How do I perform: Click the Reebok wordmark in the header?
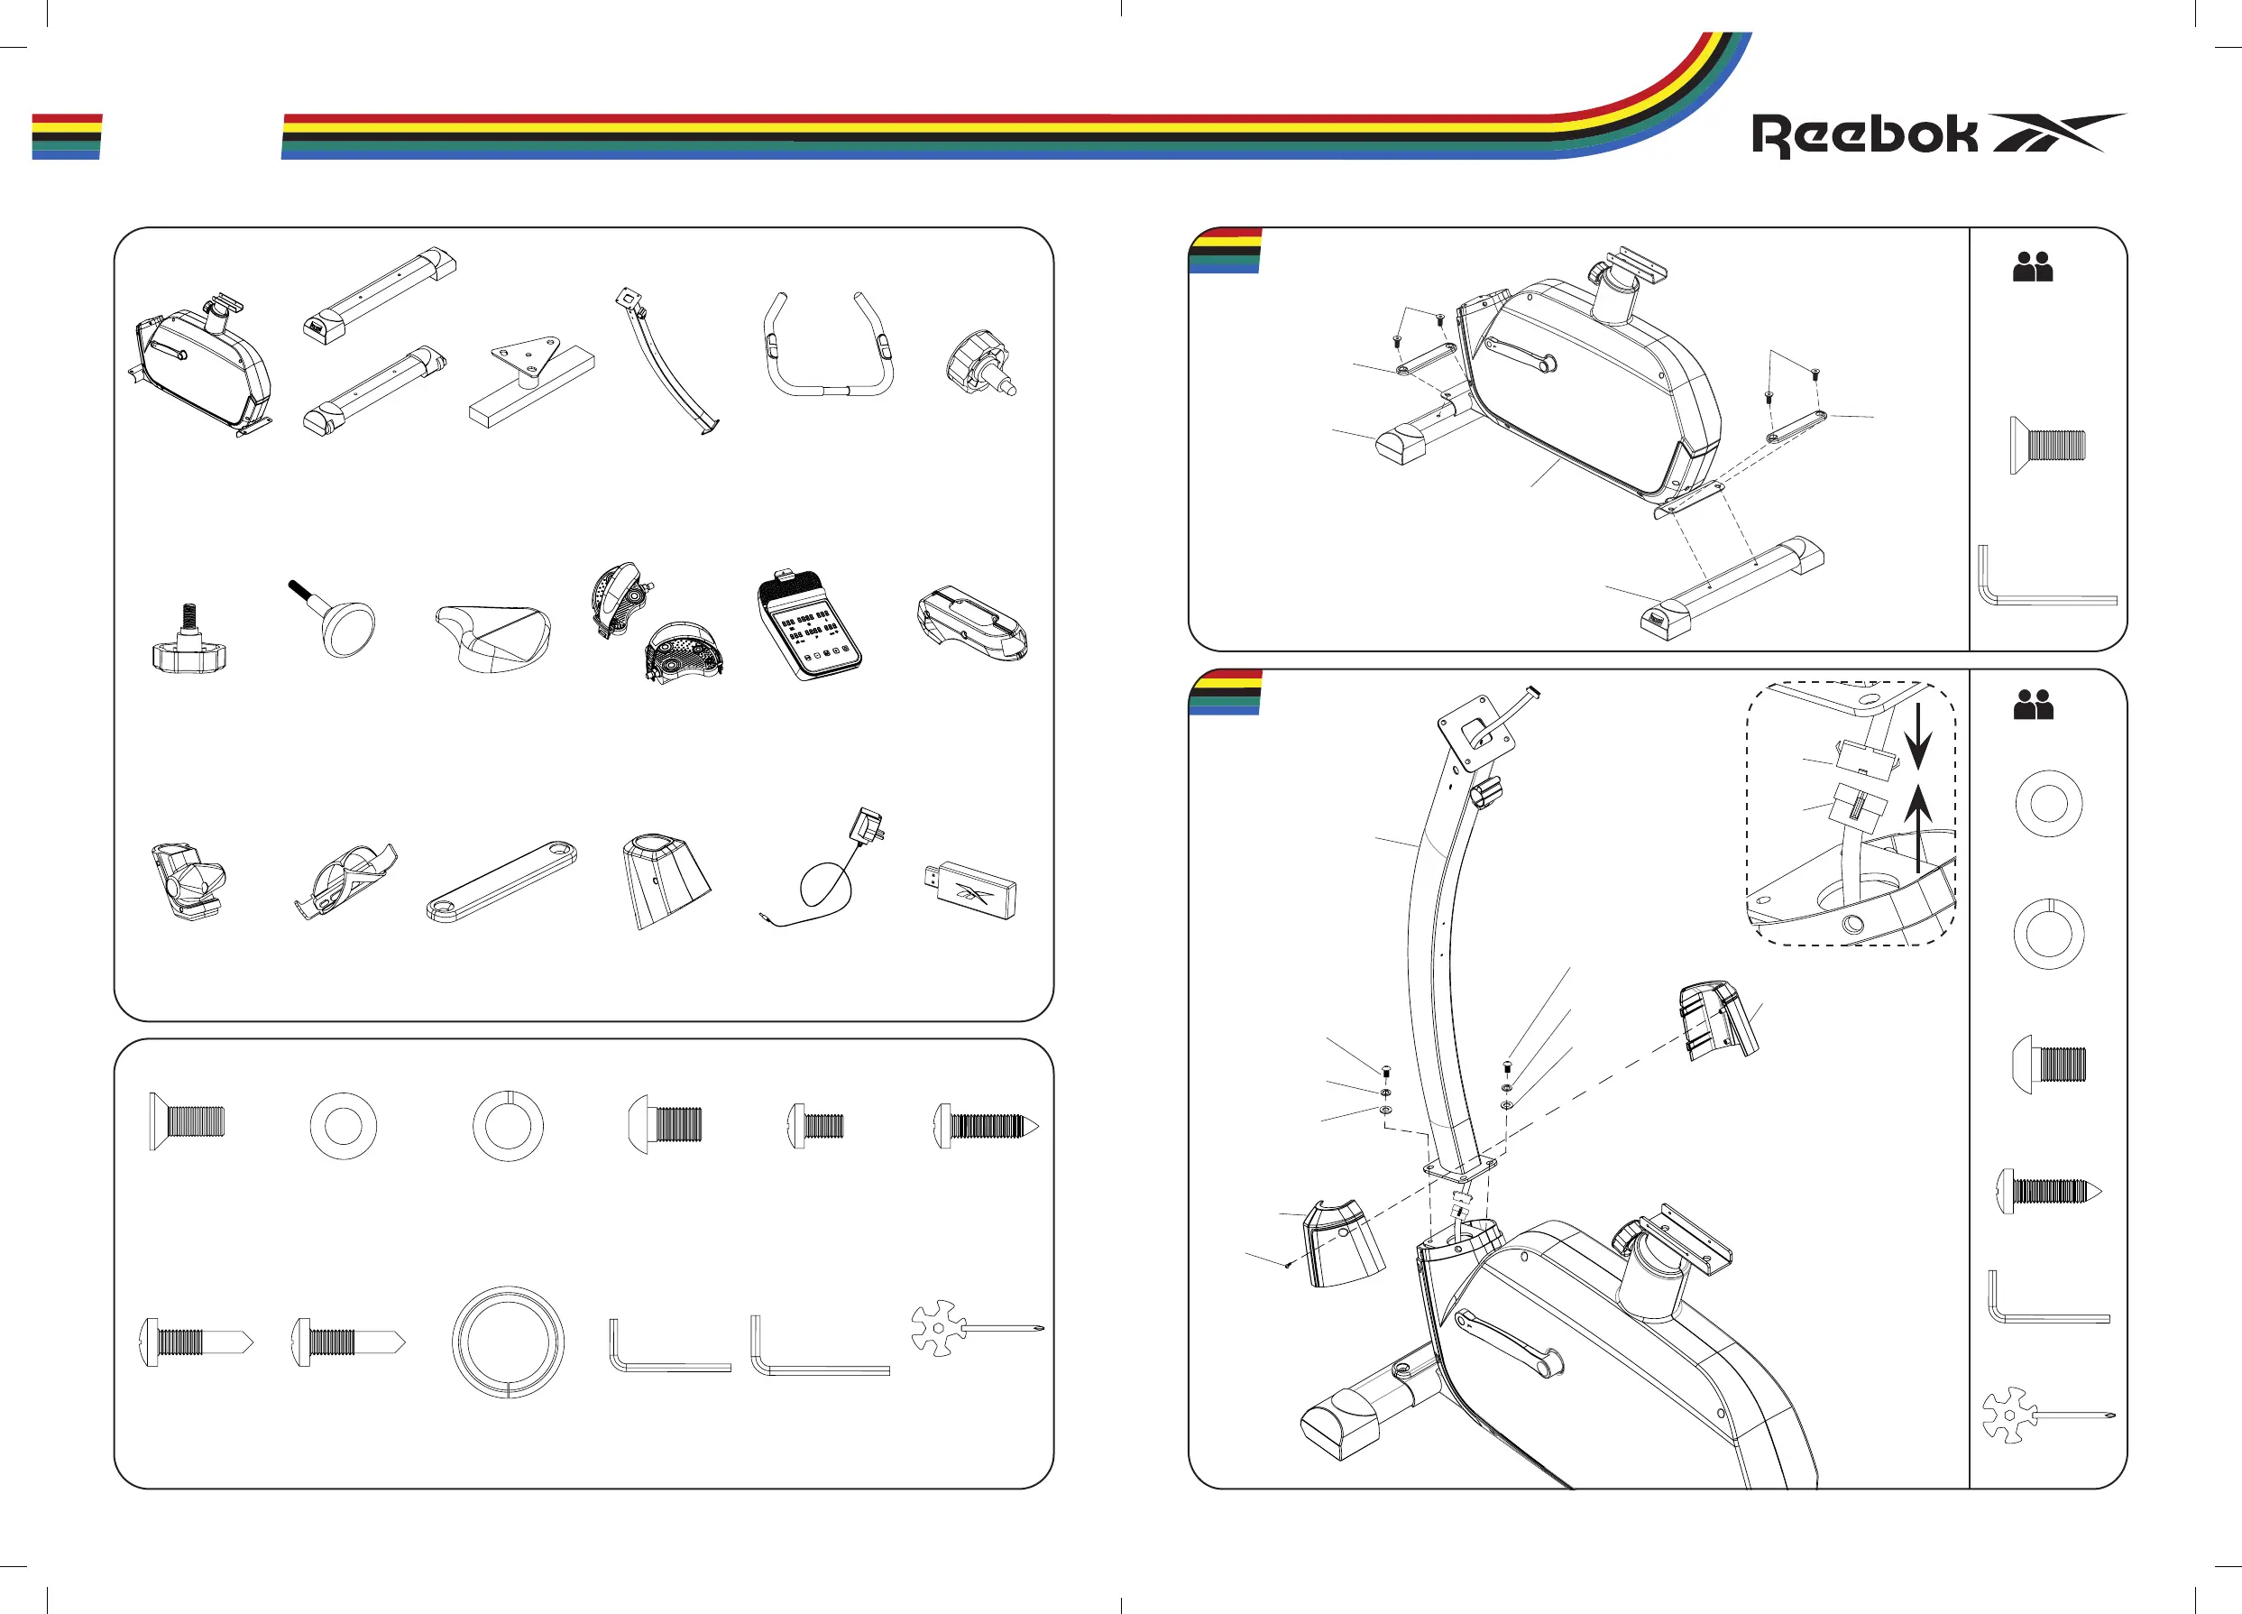pos(1863,135)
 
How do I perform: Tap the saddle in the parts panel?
pos(493,638)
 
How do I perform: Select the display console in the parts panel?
pos(810,625)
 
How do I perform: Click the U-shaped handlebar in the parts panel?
pos(829,346)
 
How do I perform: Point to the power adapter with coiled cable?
pos(831,871)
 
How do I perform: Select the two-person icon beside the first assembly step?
pos(2034,267)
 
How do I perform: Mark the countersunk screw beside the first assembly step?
pos(2047,445)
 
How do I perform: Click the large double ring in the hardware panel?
pos(508,1342)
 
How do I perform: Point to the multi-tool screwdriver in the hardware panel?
pos(975,1328)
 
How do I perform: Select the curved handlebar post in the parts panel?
pos(666,362)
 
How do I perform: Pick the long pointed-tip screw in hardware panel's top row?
pos(986,1125)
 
